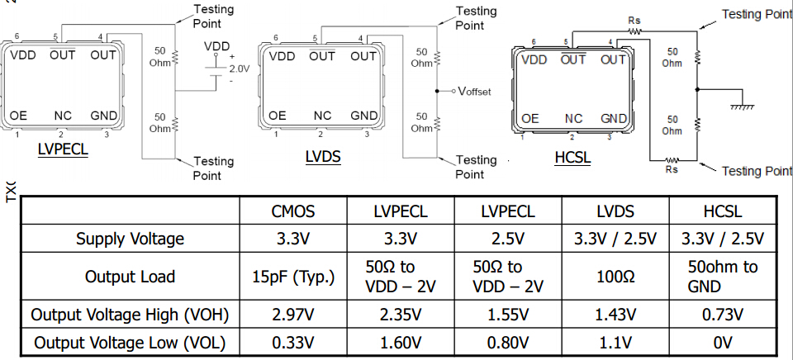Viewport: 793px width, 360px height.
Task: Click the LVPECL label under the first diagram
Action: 63,150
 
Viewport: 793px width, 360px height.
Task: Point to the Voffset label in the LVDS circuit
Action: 473,91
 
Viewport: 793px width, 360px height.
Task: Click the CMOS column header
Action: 293,212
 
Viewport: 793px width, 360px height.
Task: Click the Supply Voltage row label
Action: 131,239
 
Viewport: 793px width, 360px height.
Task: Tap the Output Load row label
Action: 131,277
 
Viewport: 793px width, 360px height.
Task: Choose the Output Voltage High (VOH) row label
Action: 131,315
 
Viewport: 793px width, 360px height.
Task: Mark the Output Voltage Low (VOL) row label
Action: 131,342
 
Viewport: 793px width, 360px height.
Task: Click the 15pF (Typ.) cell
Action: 293,277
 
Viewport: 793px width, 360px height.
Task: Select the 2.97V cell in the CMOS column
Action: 293,315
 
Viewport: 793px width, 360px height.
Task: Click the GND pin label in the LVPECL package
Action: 103,116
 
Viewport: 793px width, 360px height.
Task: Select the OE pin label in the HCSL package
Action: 530,119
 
